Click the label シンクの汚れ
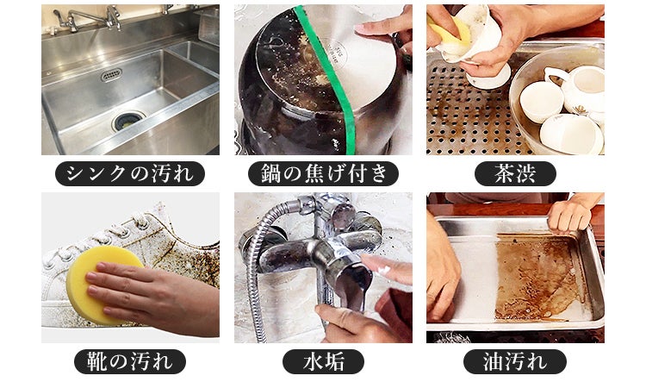(x=130, y=173)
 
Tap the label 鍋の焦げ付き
(x=323, y=173)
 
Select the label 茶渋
(x=515, y=173)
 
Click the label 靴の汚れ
(x=130, y=360)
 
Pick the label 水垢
(x=323, y=360)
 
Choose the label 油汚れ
(x=515, y=360)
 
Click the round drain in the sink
(x=127, y=121)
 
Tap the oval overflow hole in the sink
(x=111, y=76)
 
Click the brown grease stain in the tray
(x=534, y=276)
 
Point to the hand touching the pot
(x=383, y=26)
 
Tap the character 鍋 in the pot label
(x=267, y=173)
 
